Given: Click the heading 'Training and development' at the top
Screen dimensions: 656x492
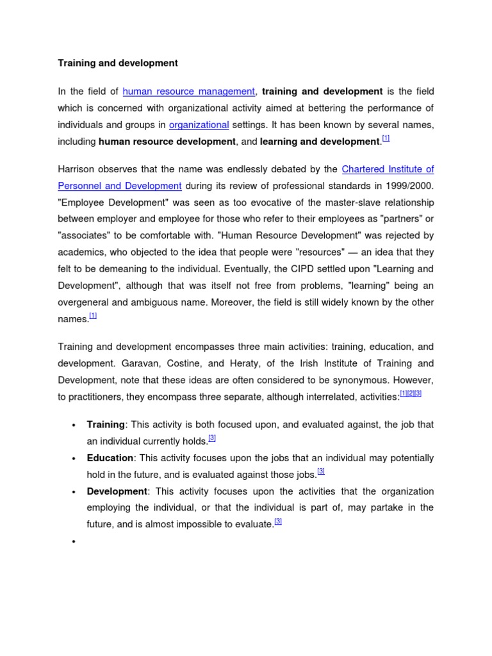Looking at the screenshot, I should click(x=118, y=63).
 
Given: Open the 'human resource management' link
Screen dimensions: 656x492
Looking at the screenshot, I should click(x=188, y=92).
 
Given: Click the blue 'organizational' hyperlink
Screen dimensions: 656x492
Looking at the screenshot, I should click(x=199, y=125).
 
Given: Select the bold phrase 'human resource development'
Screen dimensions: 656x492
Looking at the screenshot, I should click(x=167, y=142).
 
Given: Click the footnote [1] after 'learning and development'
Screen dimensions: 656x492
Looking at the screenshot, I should click(x=386, y=138).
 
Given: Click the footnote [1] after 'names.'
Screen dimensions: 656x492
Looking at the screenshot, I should click(x=93, y=316).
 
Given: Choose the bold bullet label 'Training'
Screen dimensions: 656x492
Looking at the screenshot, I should click(x=106, y=425).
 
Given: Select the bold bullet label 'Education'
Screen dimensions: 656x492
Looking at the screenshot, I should click(x=110, y=458).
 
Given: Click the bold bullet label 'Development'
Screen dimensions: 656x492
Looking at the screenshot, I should click(x=117, y=491).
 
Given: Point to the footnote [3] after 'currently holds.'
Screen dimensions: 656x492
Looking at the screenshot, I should click(x=212, y=438).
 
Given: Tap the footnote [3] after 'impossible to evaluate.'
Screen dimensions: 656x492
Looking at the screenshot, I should click(x=278, y=521).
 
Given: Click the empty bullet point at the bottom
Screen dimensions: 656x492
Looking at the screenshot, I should click(x=74, y=541).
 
